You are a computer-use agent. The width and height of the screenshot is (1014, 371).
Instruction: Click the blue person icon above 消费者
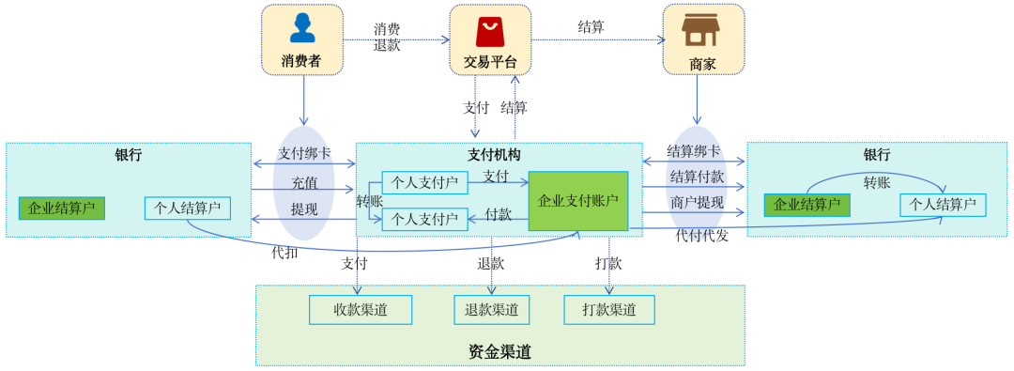302,28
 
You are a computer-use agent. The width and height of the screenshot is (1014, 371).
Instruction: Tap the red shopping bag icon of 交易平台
489,31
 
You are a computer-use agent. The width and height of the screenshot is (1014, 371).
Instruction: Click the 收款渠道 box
361,310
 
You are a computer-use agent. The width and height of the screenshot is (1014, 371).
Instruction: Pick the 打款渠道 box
608,310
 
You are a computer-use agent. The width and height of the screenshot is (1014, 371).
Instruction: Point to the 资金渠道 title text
499,352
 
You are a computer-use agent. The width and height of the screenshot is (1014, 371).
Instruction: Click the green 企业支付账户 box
577,201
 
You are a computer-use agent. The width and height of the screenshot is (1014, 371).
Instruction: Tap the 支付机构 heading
494,155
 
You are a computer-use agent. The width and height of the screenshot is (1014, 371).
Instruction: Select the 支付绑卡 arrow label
303,153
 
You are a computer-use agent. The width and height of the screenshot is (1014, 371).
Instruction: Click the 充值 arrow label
303,182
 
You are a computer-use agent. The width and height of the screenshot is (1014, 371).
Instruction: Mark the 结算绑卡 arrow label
694,150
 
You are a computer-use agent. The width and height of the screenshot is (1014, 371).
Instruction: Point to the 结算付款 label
697,177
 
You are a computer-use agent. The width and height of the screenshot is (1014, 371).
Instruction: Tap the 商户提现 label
697,202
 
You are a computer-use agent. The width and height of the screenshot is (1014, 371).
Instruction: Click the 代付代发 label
701,235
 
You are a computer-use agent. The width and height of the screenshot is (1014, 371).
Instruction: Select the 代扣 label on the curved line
284,252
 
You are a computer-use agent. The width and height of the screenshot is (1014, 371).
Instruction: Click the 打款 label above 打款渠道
608,263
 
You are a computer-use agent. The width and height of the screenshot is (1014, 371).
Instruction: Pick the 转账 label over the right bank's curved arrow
877,181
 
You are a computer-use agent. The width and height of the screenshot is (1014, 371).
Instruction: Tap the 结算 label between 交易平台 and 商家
591,26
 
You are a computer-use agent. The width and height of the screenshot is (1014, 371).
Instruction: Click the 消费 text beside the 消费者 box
387,29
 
